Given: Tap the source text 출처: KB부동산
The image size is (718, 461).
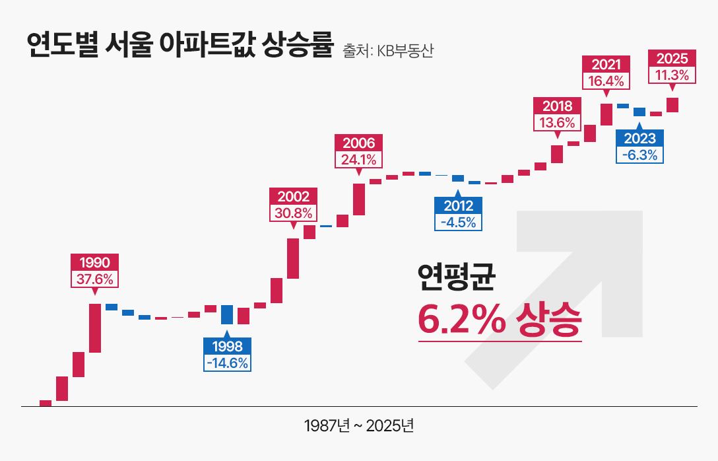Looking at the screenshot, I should pos(388,51).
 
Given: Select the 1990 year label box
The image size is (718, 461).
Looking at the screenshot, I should pos(95,262).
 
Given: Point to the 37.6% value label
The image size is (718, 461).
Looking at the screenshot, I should pos(95,279).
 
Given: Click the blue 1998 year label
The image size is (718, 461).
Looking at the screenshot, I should pos(227,346).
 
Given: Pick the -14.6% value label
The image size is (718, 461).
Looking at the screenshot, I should pos(227,363).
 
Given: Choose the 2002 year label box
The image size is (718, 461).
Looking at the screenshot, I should pos(293,196).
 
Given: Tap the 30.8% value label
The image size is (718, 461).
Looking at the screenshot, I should pos(293,213).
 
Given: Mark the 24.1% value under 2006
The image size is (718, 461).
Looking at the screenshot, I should pos(359,160).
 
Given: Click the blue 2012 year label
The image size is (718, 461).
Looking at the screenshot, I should pos(458,205).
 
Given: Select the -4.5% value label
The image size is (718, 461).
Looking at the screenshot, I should pos(458,222).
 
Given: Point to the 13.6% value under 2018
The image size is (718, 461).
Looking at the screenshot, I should pos(557,122).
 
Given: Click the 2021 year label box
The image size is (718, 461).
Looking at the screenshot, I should pos(606,64).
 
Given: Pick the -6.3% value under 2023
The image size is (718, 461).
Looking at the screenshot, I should pos(639,155).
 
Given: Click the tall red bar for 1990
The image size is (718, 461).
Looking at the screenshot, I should pos(95,328).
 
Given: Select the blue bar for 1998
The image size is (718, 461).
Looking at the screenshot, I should pos(227,314).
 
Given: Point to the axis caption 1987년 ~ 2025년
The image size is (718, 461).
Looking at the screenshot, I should pos(359,425).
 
